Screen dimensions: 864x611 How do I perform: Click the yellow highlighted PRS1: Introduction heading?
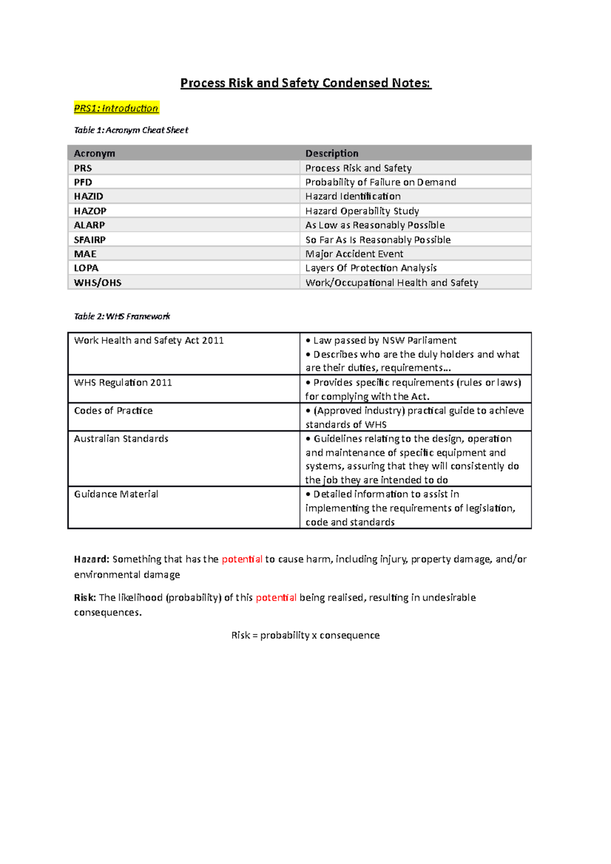coord(116,108)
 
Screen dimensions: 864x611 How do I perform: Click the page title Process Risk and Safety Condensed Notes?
coord(305,83)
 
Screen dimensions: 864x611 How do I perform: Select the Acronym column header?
coord(95,153)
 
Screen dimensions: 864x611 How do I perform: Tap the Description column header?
coord(331,153)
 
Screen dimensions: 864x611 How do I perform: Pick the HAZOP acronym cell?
coord(90,211)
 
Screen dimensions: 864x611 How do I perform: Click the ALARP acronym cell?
coord(90,225)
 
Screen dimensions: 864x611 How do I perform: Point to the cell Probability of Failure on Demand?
coord(380,182)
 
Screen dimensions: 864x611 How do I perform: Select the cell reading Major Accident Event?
coord(354,254)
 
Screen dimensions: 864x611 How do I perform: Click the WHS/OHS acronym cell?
coord(98,282)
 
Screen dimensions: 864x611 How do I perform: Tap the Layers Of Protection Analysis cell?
coord(371,268)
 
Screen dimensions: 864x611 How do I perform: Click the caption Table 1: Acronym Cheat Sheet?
coord(131,130)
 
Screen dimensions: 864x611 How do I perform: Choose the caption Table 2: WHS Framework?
coord(122,316)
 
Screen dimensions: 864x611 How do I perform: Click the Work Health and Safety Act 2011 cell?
coord(149,340)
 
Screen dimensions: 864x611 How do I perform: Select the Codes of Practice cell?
coord(113,411)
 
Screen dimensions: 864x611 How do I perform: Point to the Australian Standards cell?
coord(121,439)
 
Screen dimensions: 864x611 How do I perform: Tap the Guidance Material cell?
coord(116,494)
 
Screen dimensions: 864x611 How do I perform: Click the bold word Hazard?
coord(92,559)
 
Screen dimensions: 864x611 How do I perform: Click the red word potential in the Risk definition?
coord(276,597)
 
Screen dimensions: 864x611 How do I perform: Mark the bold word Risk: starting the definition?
coord(85,597)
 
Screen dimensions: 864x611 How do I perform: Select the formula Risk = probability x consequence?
coord(305,635)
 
